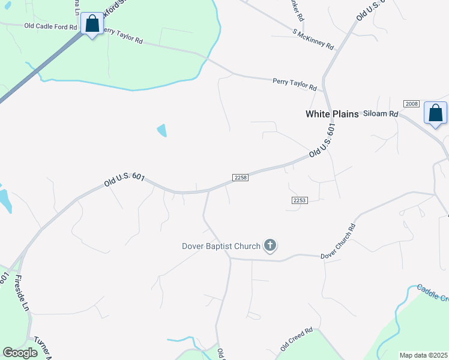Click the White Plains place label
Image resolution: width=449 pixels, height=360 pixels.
332,114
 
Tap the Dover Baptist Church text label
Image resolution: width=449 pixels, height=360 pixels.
221,246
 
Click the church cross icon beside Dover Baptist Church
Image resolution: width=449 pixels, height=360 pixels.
270,245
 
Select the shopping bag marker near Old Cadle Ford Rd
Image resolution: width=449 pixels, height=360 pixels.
92,25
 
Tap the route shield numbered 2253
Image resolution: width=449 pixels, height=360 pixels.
300,200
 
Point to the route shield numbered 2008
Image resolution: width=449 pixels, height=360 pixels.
411,104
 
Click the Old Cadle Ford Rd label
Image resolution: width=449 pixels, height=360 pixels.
50,26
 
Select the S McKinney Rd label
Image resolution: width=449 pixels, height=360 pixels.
313,39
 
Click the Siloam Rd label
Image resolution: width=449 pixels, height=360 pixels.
385,113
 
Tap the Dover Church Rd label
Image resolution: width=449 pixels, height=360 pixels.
338,242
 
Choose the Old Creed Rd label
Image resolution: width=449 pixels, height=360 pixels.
297,339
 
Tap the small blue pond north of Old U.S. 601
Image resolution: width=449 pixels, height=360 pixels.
161,130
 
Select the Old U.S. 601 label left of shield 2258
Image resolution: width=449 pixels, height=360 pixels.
124,179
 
